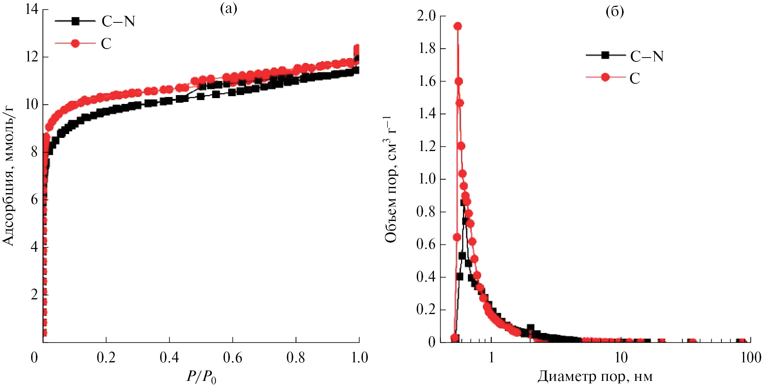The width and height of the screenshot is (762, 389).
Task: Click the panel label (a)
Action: click(x=228, y=8)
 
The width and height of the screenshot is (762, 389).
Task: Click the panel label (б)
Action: click(x=614, y=12)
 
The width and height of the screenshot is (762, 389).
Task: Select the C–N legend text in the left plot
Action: click(x=118, y=22)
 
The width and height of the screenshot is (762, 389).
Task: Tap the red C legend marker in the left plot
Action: click(x=75, y=43)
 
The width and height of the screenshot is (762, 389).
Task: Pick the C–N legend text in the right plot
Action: click(x=646, y=57)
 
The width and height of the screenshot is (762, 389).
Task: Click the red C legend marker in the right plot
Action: click(x=606, y=77)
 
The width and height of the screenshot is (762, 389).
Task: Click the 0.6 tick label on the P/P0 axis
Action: click(x=233, y=358)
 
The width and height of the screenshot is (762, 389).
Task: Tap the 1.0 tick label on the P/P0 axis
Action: click(x=359, y=358)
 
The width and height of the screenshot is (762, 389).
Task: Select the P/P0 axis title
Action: click(x=201, y=376)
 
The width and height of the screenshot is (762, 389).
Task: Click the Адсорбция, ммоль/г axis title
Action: click(x=9, y=176)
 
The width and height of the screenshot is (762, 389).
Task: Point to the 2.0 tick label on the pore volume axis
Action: click(x=426, y=16)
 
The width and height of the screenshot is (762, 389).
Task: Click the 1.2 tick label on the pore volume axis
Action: click(x=426, y=146)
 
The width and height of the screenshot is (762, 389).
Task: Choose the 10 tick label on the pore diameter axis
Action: click(x=621, y=358)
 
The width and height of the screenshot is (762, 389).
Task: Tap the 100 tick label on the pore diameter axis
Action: click(x=750, y=358)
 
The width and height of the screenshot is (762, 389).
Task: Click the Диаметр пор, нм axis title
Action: click(x=595, y=376)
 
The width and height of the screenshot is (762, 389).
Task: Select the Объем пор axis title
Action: click(x=390, y=180)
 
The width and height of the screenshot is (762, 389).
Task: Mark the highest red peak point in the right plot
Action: click(x=458, y=26)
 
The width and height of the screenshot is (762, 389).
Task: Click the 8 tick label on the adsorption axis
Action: click(x=34, y=152)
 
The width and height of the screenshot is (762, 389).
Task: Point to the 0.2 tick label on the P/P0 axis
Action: click(x=106, y=358)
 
